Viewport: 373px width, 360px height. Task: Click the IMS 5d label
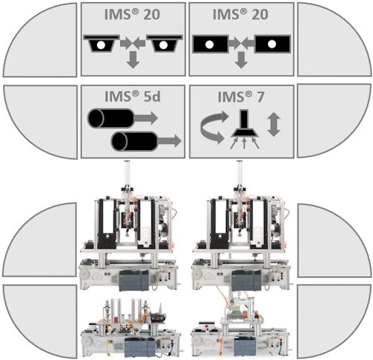coord(133,96)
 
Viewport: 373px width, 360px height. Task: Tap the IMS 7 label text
coord(241,96)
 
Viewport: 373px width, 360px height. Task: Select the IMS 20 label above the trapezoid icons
coord(132,14)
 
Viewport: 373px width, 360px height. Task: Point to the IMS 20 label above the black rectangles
coord(240,14)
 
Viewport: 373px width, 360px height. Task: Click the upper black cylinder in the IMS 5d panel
coord(111,118)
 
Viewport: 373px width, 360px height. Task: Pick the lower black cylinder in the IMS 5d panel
coord(134,141)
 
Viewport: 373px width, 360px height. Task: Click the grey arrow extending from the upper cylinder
coord(146,118)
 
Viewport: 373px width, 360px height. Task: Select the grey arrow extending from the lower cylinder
coord(169,141)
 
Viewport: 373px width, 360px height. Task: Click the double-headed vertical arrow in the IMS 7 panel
coord(274,124)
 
